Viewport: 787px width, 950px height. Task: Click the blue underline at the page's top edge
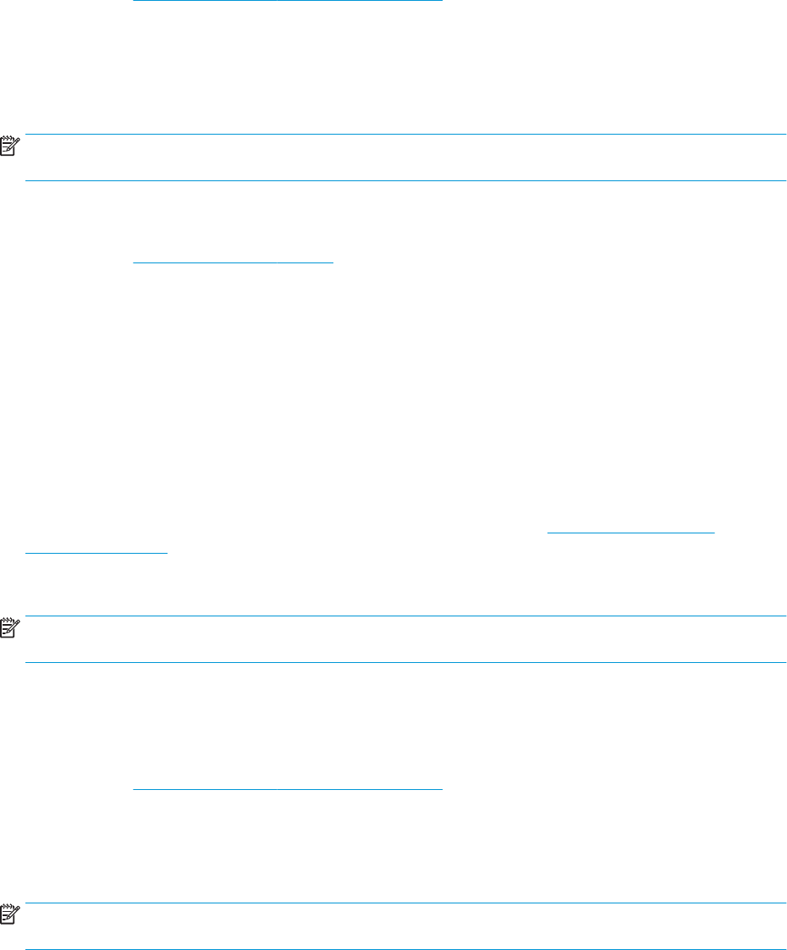(288, 1)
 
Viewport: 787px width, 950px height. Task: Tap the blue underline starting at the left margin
(96, 552)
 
